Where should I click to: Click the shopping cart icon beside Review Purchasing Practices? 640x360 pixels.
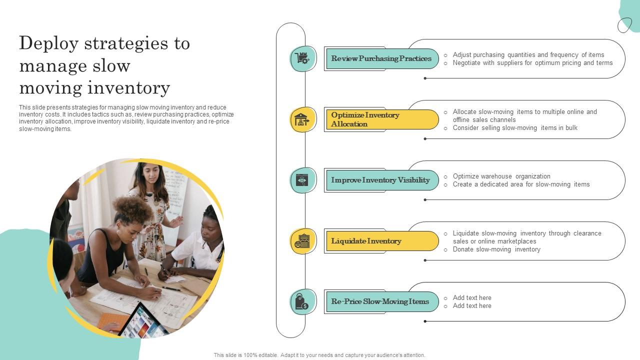click(302, 58)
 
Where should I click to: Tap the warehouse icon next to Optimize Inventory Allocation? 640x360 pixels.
click(302, 119)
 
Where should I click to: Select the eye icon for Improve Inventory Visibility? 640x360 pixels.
click(302, 180)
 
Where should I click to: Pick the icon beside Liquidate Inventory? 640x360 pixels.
click(302, 241)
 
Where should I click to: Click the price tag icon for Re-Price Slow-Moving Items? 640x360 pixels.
click(302, 302)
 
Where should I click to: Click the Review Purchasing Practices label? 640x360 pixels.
click(381, 58)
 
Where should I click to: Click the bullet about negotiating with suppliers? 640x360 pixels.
click(532, 63)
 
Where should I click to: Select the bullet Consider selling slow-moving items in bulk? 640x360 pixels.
click(514, 128)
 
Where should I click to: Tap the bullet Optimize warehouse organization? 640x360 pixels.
click(501, 176)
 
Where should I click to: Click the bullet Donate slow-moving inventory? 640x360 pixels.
click(496, 249)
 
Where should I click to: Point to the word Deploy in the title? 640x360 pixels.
click(48, 44)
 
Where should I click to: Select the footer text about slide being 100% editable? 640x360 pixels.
click(319, 355)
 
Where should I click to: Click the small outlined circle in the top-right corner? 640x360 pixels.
click(624, 25)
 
